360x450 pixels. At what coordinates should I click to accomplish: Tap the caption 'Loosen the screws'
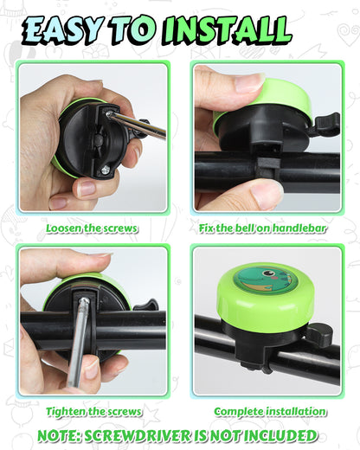[92, 228]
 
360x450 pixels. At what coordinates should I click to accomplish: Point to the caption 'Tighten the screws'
[92, 411]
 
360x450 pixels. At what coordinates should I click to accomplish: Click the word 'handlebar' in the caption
[305, 228]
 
